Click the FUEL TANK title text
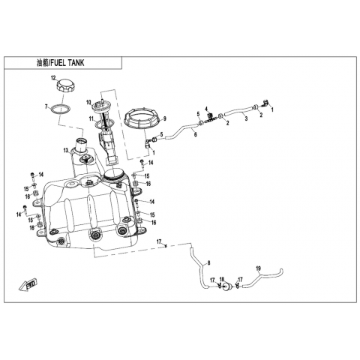point(67,63)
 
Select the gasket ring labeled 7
point(60,109)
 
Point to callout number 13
point(66,150)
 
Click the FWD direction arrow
point(28,285)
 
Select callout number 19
point(258,268)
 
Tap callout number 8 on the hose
point(208,262)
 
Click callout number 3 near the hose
point(246,118)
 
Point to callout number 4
point(206,109)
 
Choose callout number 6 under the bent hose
point(196,134)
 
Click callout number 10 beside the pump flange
point(89,102)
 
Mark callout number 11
point(91,118)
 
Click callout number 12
point(54,78)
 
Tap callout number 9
point(165,118)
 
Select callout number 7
point(46,107)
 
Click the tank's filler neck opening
point(82,142)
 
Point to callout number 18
point(222,279)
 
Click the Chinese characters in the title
point(42,63)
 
